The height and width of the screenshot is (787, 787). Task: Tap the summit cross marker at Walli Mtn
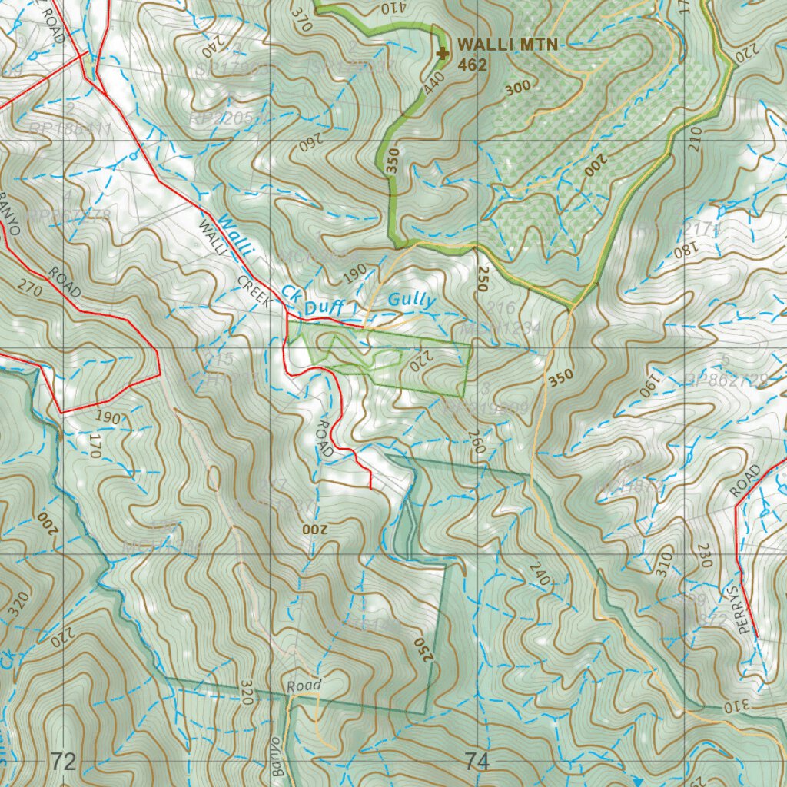(x=442, y=53)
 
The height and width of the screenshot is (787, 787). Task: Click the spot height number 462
(x=472, y=65)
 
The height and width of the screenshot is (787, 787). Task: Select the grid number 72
(x=64, y=762)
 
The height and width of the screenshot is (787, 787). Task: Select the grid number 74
(x=477, y=762)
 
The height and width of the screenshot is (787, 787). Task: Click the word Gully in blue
(x=412, y=301)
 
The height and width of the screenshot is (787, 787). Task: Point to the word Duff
(x=325, y=308)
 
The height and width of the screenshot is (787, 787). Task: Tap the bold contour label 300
(x=519, y=88)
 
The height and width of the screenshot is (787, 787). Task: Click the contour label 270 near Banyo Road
(x=28, y=290)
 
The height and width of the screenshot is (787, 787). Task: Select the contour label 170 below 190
(x=95, y=446)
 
